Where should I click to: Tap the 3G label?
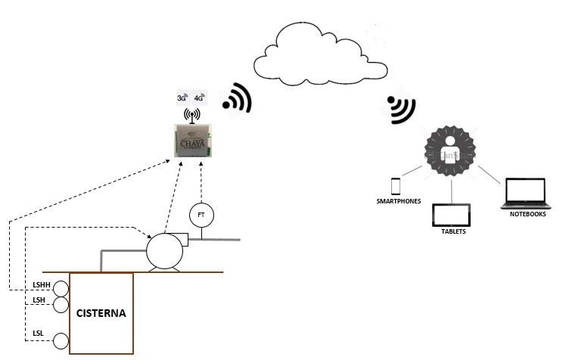coord(182,98)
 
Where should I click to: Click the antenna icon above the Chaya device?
coord(191,116)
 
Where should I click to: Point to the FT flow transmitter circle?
coord(201,215)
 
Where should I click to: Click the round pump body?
coord(164,250)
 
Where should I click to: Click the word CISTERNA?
coord(101,312)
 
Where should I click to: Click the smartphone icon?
coord(395,186)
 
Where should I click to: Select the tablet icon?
coord(452,216)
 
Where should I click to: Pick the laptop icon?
coord(526,193)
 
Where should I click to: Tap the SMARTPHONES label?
coord(398,202)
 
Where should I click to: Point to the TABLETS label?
coord(453,231)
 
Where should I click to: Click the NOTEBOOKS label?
coord(527,214)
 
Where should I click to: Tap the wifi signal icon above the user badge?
coord(400,109)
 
